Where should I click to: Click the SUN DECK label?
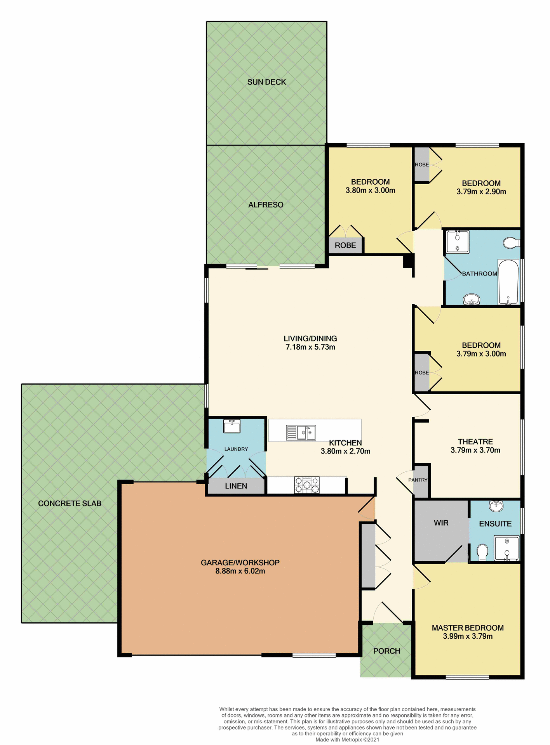266,82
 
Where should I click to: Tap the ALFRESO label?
266,204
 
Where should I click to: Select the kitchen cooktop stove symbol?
307,485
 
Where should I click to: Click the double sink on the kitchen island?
306,432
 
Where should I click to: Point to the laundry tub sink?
232,426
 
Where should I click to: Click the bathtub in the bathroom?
508,282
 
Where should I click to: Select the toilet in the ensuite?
482,553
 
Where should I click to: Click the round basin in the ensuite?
496,506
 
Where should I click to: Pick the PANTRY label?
418,480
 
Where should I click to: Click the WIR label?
441,523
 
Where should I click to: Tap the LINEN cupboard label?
236,486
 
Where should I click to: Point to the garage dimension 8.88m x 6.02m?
240,571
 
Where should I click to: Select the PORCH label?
386,651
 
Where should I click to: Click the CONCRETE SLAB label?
70,503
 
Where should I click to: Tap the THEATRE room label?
475,442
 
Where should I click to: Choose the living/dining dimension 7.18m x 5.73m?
310,347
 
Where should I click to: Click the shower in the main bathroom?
457,241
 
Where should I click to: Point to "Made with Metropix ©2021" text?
347,740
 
